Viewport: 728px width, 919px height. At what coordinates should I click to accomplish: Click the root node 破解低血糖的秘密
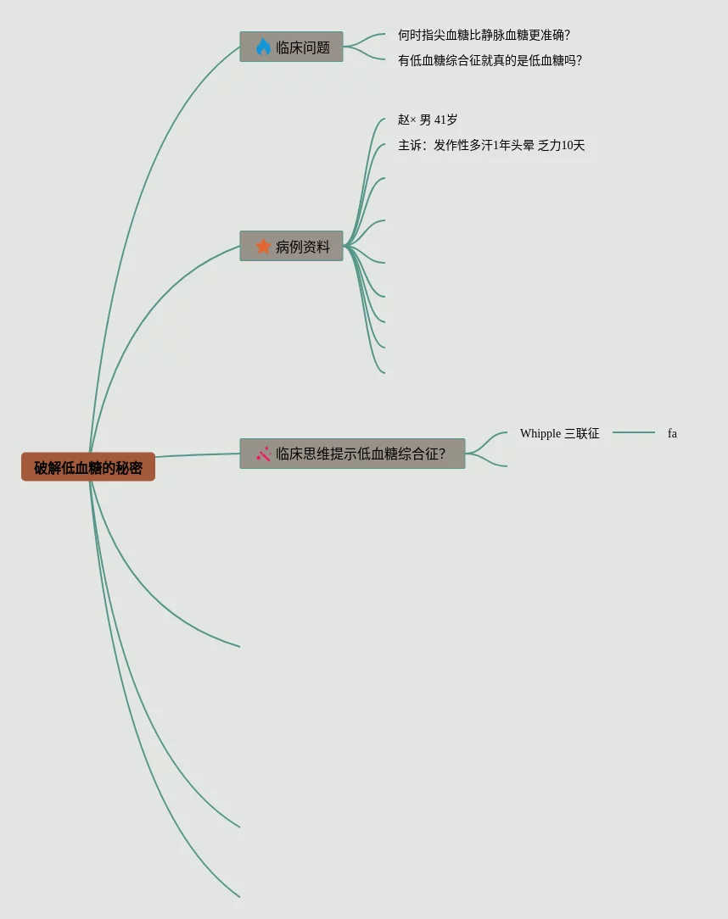coord(88,467)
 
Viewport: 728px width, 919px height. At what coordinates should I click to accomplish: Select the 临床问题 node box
coord(291,47)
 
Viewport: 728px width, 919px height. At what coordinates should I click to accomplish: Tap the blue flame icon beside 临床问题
coord(263,47)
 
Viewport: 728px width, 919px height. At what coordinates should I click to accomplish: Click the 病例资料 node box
coord(291,246)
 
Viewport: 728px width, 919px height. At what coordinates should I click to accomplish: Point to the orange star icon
coord(263,246)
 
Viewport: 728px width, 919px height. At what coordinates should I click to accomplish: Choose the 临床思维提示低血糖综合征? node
coord(352,454)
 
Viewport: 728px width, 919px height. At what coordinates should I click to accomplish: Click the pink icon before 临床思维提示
coord(264,454)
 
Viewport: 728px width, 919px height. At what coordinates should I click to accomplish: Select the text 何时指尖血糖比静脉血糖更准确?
coord(484,35)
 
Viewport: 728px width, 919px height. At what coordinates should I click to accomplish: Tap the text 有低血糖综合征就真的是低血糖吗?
coord(490,60)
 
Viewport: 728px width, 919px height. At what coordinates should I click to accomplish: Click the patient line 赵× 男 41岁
coord(428,120)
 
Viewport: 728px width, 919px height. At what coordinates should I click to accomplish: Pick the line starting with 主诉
coord(491,145)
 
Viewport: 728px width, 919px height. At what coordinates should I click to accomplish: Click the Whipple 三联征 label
coord(559,433)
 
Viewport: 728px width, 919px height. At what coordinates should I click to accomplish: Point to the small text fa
coord(672,433)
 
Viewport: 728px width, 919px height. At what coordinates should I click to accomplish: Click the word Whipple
coord(540,433)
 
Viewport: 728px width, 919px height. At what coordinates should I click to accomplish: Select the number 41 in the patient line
coord(440,120)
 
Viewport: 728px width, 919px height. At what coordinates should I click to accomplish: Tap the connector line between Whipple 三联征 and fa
coord(634,432)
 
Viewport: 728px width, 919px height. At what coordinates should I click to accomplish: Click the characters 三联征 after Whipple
coord(582,433)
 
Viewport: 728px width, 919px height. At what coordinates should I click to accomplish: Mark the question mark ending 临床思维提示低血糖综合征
coord(442,454)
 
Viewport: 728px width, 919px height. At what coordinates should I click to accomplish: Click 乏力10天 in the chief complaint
coord(562,145)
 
